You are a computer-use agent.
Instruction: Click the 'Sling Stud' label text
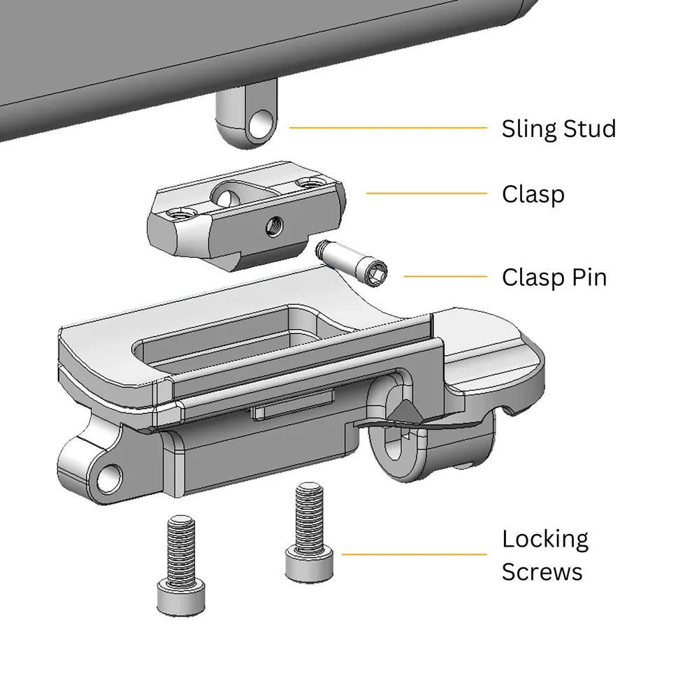[x=559, y=129]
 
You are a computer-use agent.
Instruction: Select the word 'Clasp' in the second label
[x=533, y=194]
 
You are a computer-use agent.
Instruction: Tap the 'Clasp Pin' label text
[x=554, y=278]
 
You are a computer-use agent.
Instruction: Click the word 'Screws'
[x=542, y=572]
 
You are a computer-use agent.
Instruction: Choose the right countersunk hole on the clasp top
[x=306, y=183]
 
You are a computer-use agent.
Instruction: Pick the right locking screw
[x=309, y=531]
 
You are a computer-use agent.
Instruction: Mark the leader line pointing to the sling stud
[x=388, y=128]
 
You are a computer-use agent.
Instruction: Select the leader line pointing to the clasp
[x=426, y=194]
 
